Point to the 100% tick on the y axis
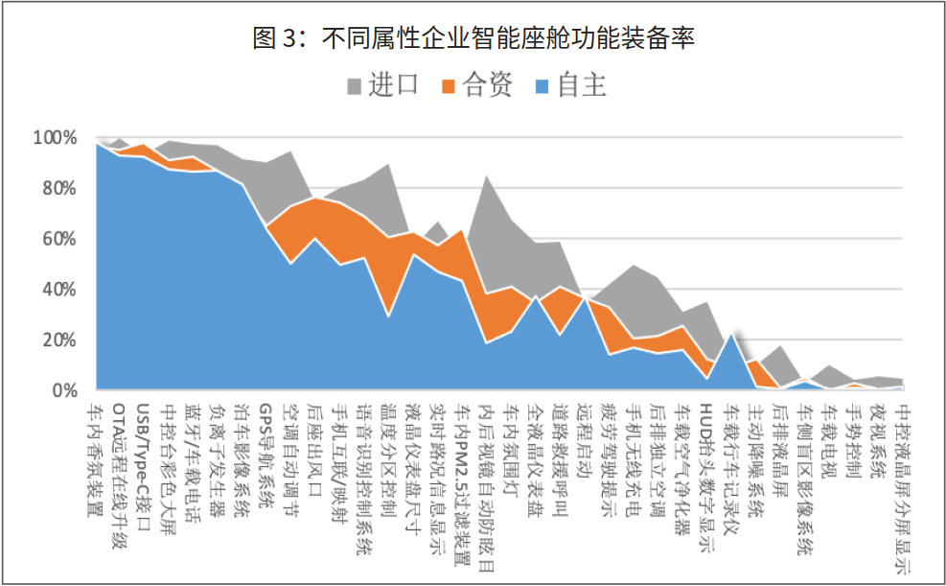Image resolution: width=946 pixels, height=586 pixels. [x=55, y=138]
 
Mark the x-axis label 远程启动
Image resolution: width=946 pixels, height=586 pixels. [x=585, y=435]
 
